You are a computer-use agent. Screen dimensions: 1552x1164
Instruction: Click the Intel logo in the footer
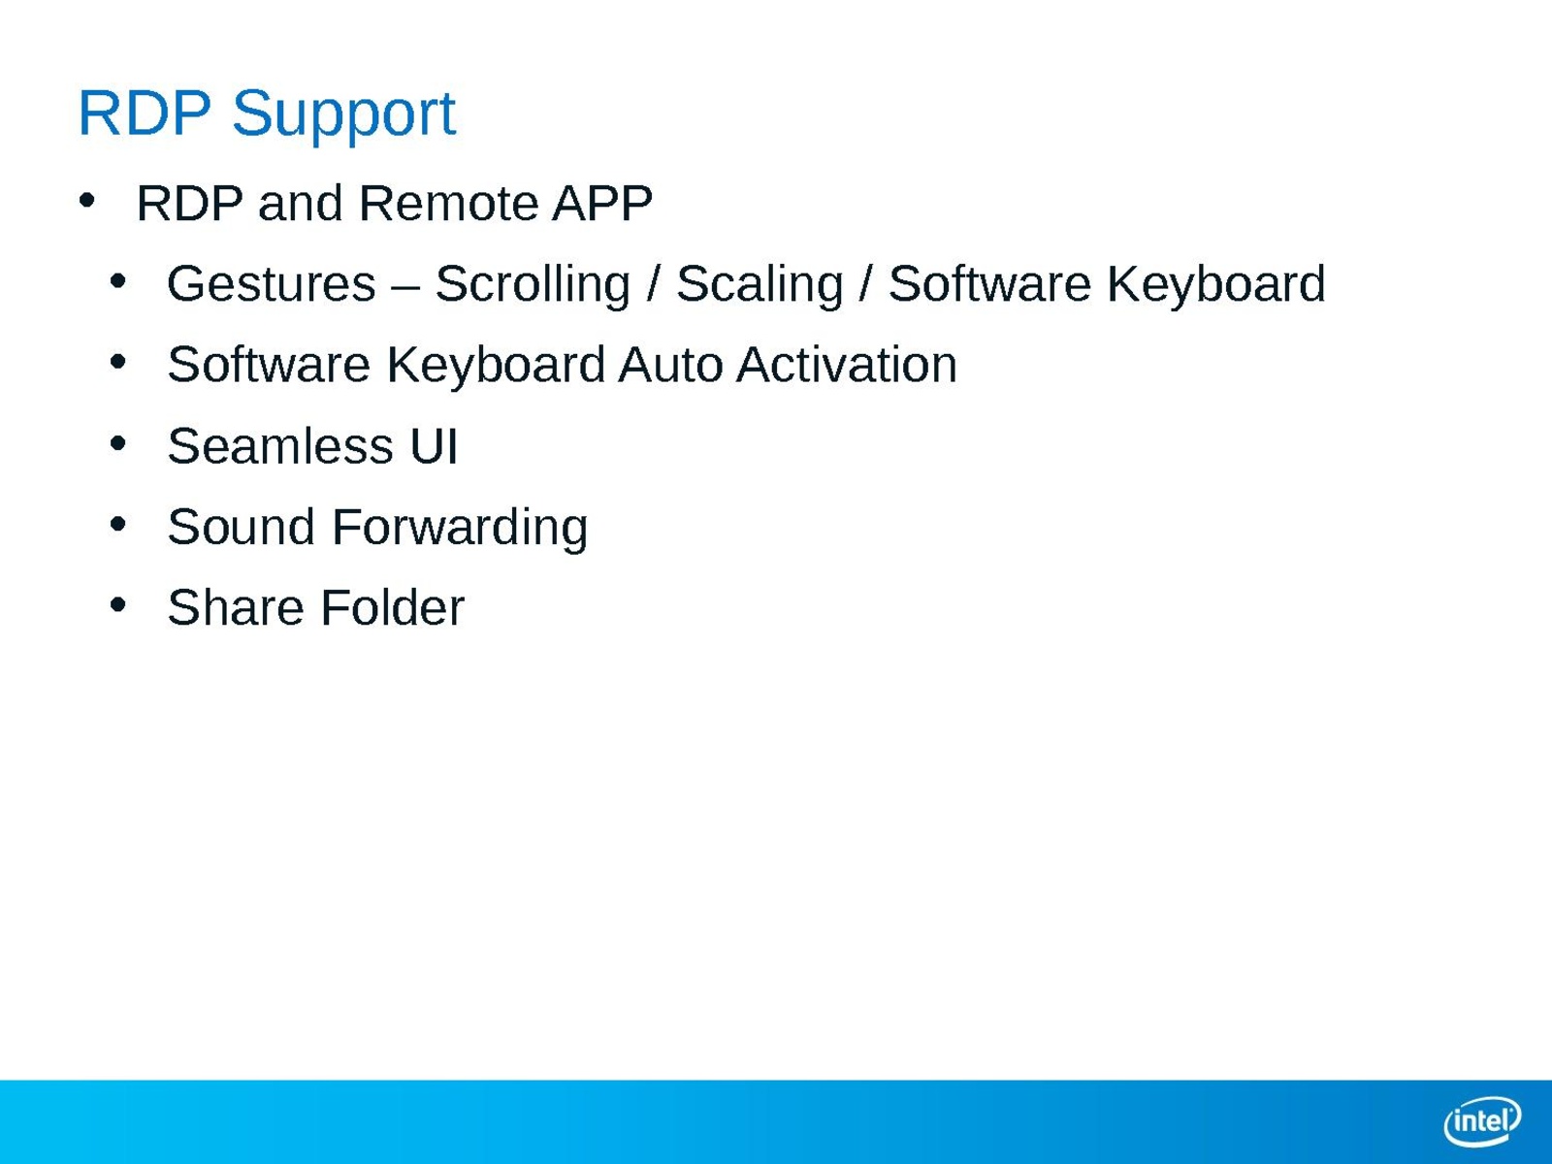(1482, 1121)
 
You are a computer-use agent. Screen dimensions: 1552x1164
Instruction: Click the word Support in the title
(343, 114)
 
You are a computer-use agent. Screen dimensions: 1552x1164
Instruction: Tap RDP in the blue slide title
(145, 113)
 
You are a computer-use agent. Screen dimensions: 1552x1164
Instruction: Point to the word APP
(602, 204)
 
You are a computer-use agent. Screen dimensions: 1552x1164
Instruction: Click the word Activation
(847, 366)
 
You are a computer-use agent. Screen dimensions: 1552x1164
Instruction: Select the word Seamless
(280, 446)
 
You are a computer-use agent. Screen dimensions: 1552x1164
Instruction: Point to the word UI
(434, 446)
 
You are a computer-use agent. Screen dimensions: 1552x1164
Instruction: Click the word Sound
(242, 528)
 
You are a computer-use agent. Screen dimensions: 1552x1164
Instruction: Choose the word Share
(236, 608)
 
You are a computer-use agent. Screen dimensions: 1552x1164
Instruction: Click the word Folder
(393, 608)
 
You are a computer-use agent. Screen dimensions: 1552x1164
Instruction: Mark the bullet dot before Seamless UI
(118, 444)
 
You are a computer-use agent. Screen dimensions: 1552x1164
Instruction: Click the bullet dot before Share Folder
(118, 605)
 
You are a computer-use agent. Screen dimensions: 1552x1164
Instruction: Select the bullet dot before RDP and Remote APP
(87, 201)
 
